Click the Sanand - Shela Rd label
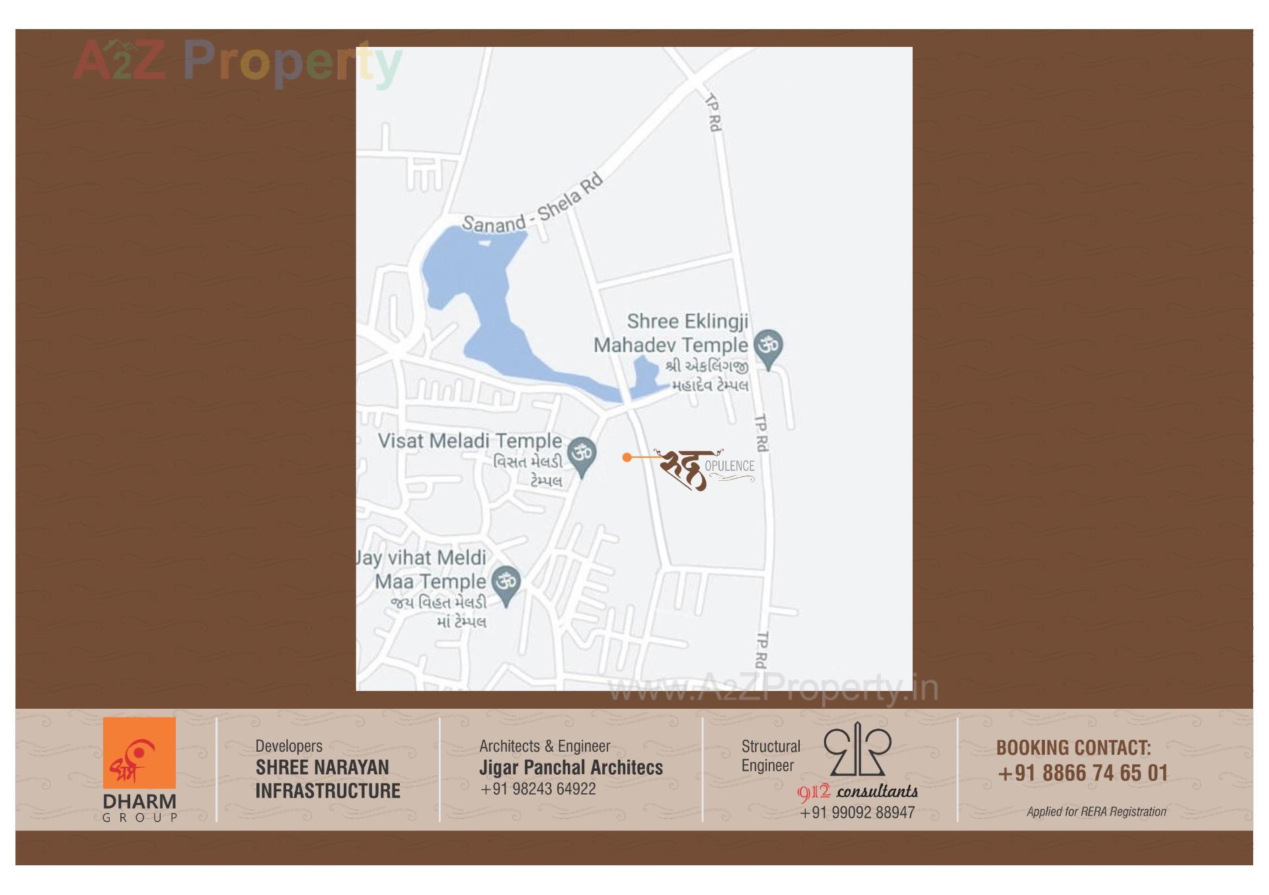pos(533,204)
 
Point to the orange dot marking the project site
pos(627,457)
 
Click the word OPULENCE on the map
pos(729,466)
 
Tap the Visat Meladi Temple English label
pos(469,441)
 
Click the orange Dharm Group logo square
pos(139,753)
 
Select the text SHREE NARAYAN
pos(322,768)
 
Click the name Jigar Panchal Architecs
pos(570,768)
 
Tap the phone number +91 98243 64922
pos(538,789)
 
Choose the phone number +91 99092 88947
pos(857,813)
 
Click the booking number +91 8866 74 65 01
pos(1083,773)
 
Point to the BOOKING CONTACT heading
pos(1073,748)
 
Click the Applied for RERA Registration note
pos(1096,812)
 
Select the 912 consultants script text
pos(858,791)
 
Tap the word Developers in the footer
pos(289,746)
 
